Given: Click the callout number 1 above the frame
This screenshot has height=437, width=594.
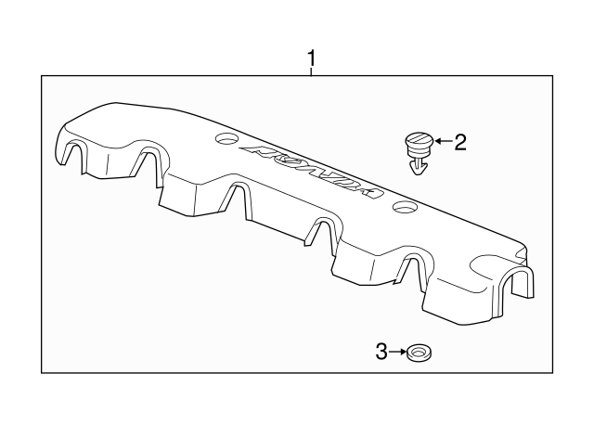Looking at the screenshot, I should click(x=312, y=60).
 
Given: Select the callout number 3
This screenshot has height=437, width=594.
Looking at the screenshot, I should click(x=381, y=352).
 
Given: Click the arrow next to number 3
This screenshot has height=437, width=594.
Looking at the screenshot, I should click(x=398, y=352).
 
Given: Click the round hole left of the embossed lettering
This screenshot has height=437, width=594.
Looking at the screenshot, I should click(x=226, y=141).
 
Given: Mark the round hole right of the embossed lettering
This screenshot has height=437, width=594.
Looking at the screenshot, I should click(x=403, y=207).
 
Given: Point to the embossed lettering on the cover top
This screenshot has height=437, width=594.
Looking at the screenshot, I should click(x=311, y=171).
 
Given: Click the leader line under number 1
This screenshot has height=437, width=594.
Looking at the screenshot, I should click(x=312, y=73).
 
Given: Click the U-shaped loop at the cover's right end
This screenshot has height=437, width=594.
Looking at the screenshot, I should click(x=523, y=282).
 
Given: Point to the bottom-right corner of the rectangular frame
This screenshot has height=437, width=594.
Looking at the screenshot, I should click(x=555, y=373).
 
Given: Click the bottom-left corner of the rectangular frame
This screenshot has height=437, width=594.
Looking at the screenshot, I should click(x=42, y=373).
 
